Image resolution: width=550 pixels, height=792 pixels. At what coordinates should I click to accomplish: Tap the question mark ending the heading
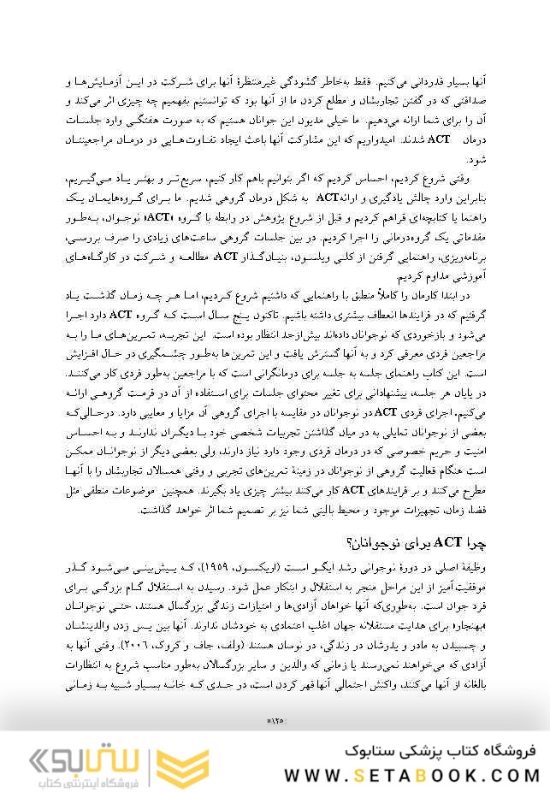pyautogui.click(x=347, y=542)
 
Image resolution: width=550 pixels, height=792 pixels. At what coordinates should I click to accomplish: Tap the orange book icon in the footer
pyautogui.click(x=182, y=764)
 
